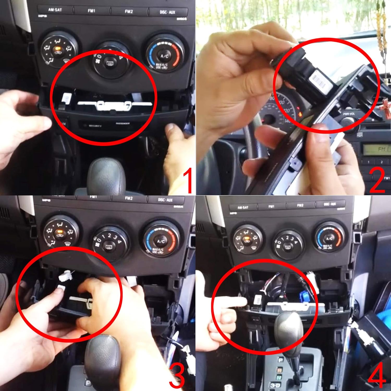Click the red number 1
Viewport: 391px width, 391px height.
[x=187, y=180]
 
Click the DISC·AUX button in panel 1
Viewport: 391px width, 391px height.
[x=167, y=12]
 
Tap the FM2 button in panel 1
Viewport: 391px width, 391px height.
[x=129, y=11]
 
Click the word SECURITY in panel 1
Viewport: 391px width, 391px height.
[x=95, y=126]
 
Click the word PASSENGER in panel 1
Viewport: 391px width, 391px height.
[x=123, y=123]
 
